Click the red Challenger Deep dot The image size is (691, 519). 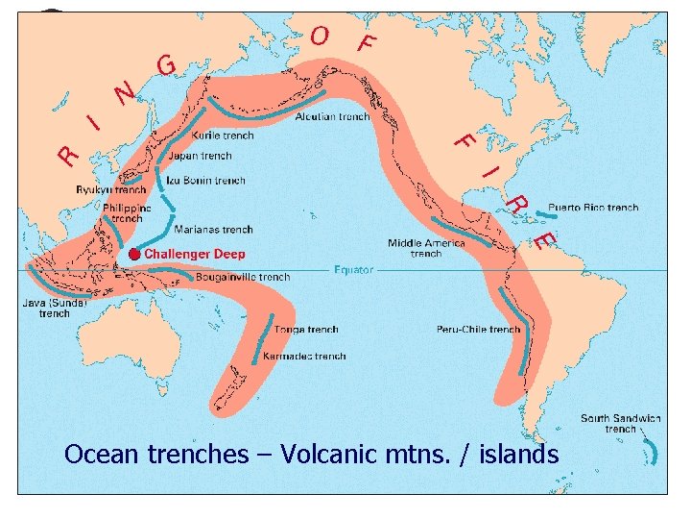click(x=134, y=254)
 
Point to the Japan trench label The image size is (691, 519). click(x=200, y=156)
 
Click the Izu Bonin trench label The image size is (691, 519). click(x=205, y=180)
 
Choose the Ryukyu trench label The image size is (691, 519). click(x=111, y=190)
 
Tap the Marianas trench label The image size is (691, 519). click(x=213, y=230)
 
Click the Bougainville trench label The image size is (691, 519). click(x=242, y=278)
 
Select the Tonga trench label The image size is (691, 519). click(x=306, y=330)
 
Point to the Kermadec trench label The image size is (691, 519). click(x=304, y=357)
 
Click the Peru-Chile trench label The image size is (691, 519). click(x=478, y=330)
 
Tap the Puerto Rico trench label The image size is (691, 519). click(x=593, y=208)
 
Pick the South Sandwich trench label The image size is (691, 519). click(x=620, y=423)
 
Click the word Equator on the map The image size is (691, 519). click(x=353, y=270)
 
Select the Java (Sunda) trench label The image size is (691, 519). click(x=55, y=308)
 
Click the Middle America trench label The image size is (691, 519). click(x=426, y=248)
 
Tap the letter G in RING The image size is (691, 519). click(x=166, y=65)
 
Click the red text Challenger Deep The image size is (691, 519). click(x=195, y=254)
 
